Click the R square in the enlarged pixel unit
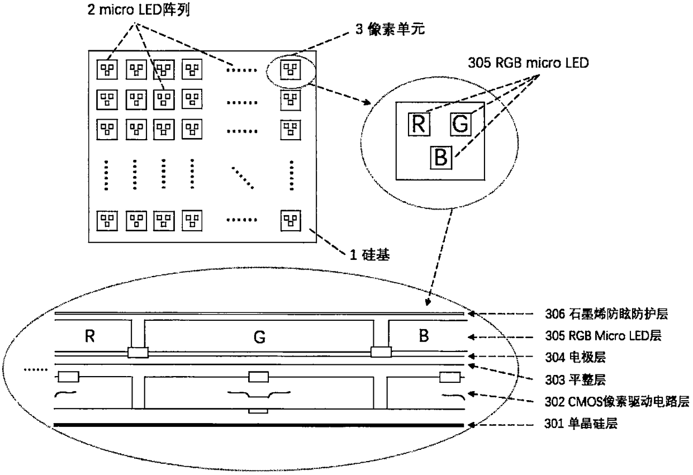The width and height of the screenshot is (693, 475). point(419,123)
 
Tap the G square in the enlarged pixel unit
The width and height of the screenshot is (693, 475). point(459,123)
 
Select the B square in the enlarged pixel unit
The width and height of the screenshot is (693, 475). point(440,158)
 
